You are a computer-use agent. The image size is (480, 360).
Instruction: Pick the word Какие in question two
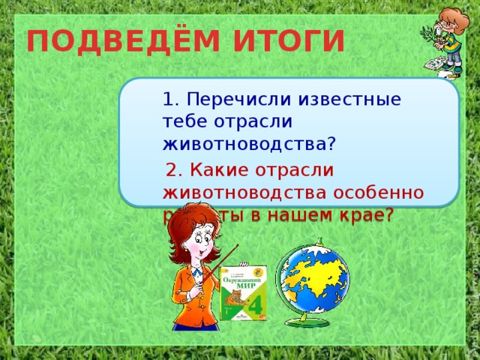(208, 170)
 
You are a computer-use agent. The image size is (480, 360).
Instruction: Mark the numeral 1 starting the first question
(168, 99)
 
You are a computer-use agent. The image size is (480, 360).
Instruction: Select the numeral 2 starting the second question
(172, 170)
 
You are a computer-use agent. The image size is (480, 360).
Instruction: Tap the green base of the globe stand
(309, 322)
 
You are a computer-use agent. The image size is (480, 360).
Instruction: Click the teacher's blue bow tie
(196, 272)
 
